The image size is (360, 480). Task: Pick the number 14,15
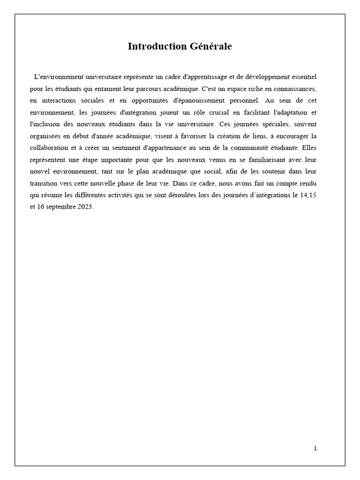click(x=308, y=197)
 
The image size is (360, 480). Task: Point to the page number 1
click(x=315, y=448)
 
